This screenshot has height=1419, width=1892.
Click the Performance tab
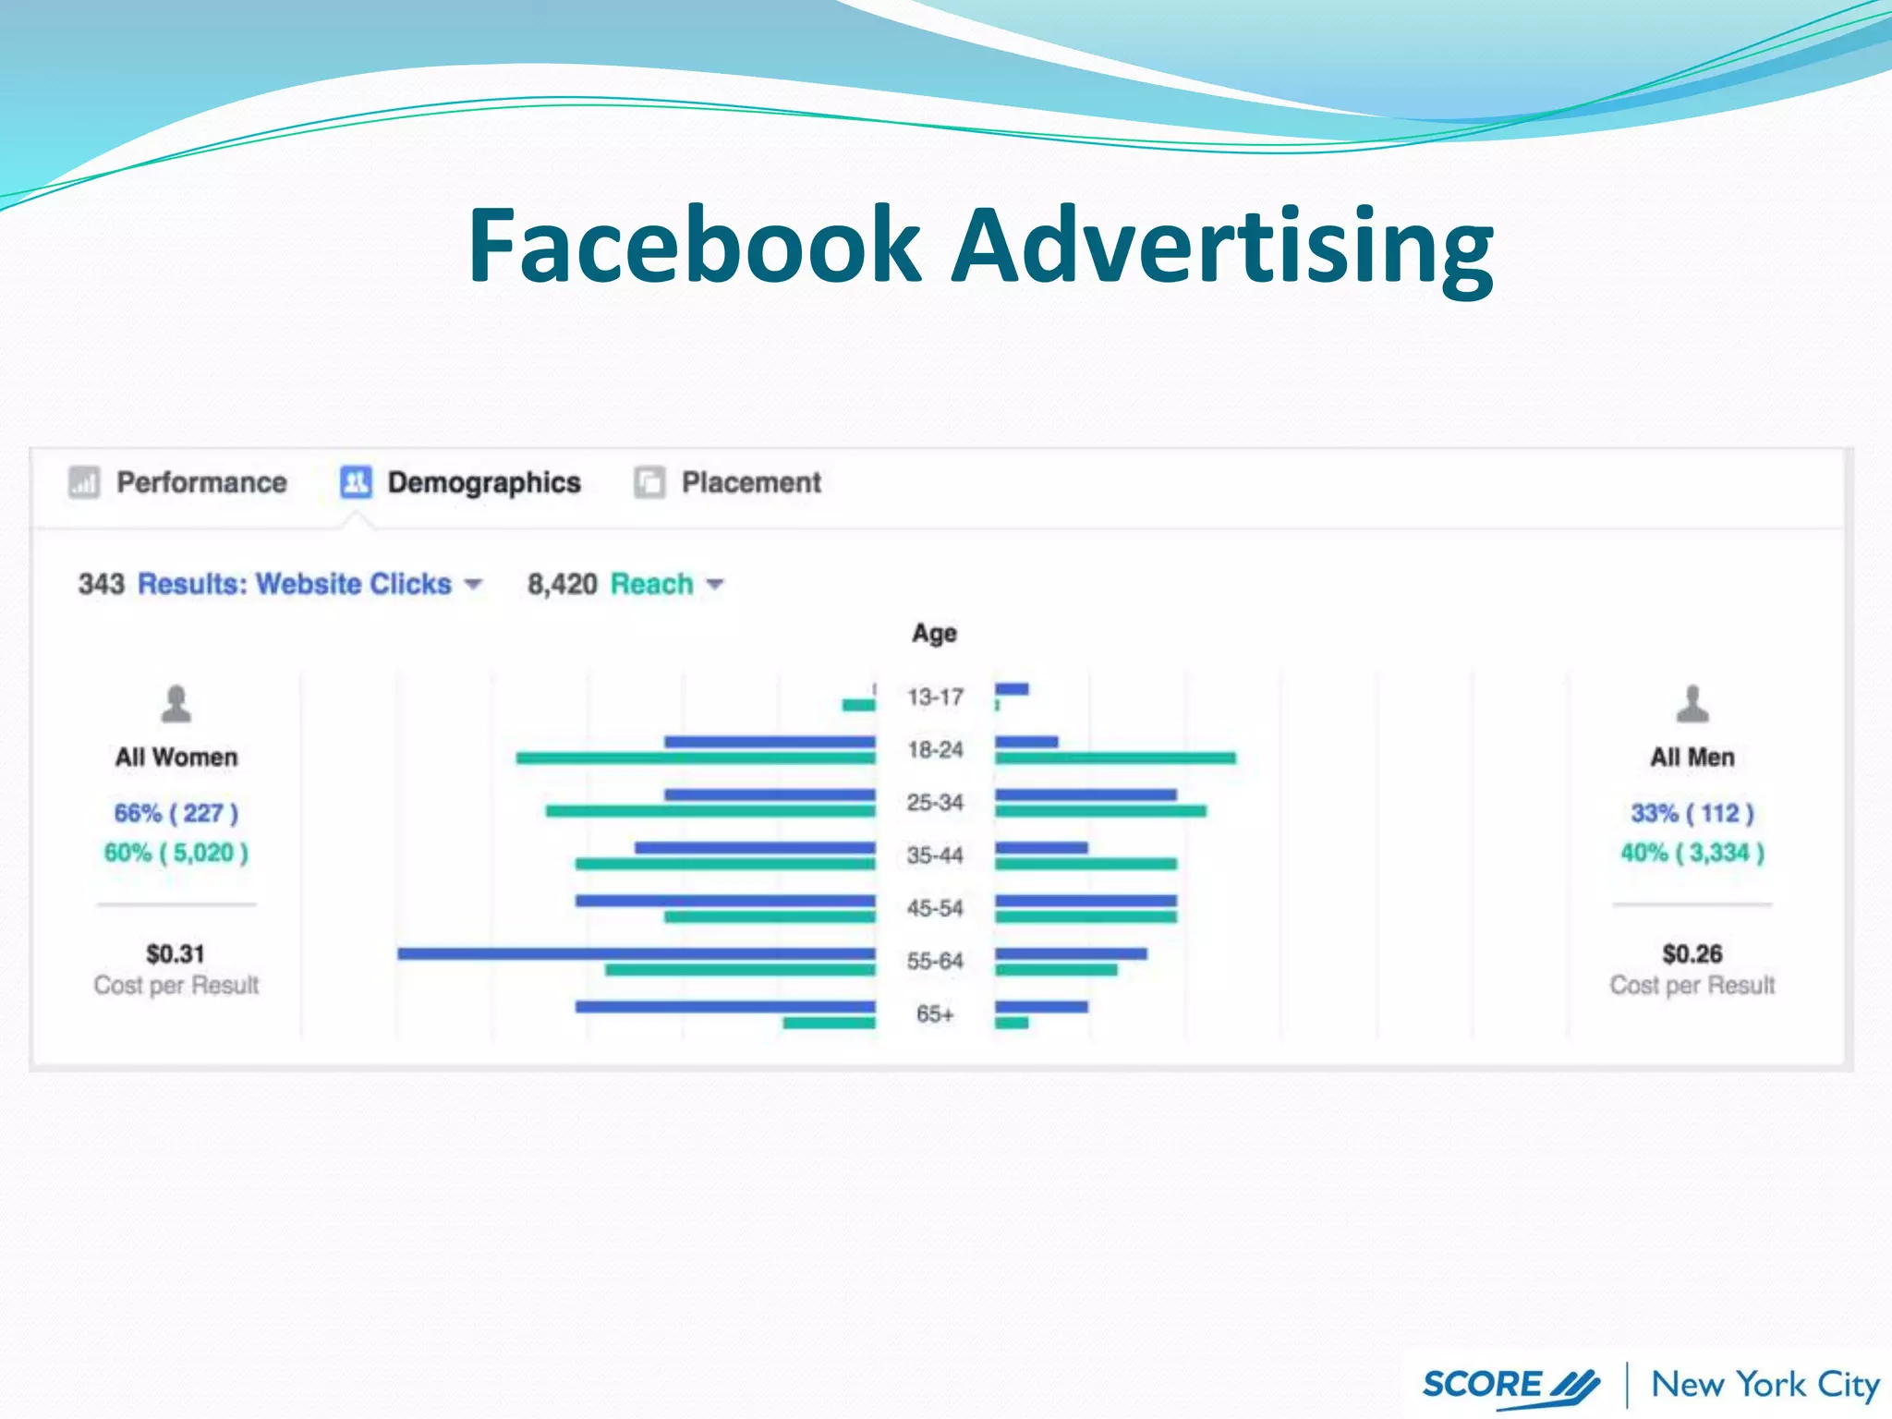tap(200, 482)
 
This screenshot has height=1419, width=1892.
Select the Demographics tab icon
tap(356, 482)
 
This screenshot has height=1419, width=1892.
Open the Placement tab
tap(750, 482)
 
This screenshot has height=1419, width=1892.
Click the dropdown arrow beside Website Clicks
tap(473, 584)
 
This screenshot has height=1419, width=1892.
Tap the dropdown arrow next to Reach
tap(715, 584)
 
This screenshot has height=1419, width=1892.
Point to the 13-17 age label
tap(935, 697)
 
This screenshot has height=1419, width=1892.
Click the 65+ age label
tap(935, 1013)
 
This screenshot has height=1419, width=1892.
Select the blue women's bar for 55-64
tap(636, 953)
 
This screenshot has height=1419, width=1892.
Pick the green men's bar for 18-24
tap(1115, 758)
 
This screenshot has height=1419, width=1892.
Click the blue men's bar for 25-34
tap(1085, 794)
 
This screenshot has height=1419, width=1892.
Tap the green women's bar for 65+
tap(829, 1023)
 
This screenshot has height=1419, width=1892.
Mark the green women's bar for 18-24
tap(695, 758)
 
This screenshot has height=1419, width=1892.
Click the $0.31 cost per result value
tap(175, 953)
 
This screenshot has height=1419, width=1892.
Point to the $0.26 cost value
tap(1692, 953)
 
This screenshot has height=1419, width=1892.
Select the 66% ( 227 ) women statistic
tap(176, 813)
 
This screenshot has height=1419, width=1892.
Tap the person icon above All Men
tap(1692, 704)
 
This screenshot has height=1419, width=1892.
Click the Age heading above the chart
tap(934, 634)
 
